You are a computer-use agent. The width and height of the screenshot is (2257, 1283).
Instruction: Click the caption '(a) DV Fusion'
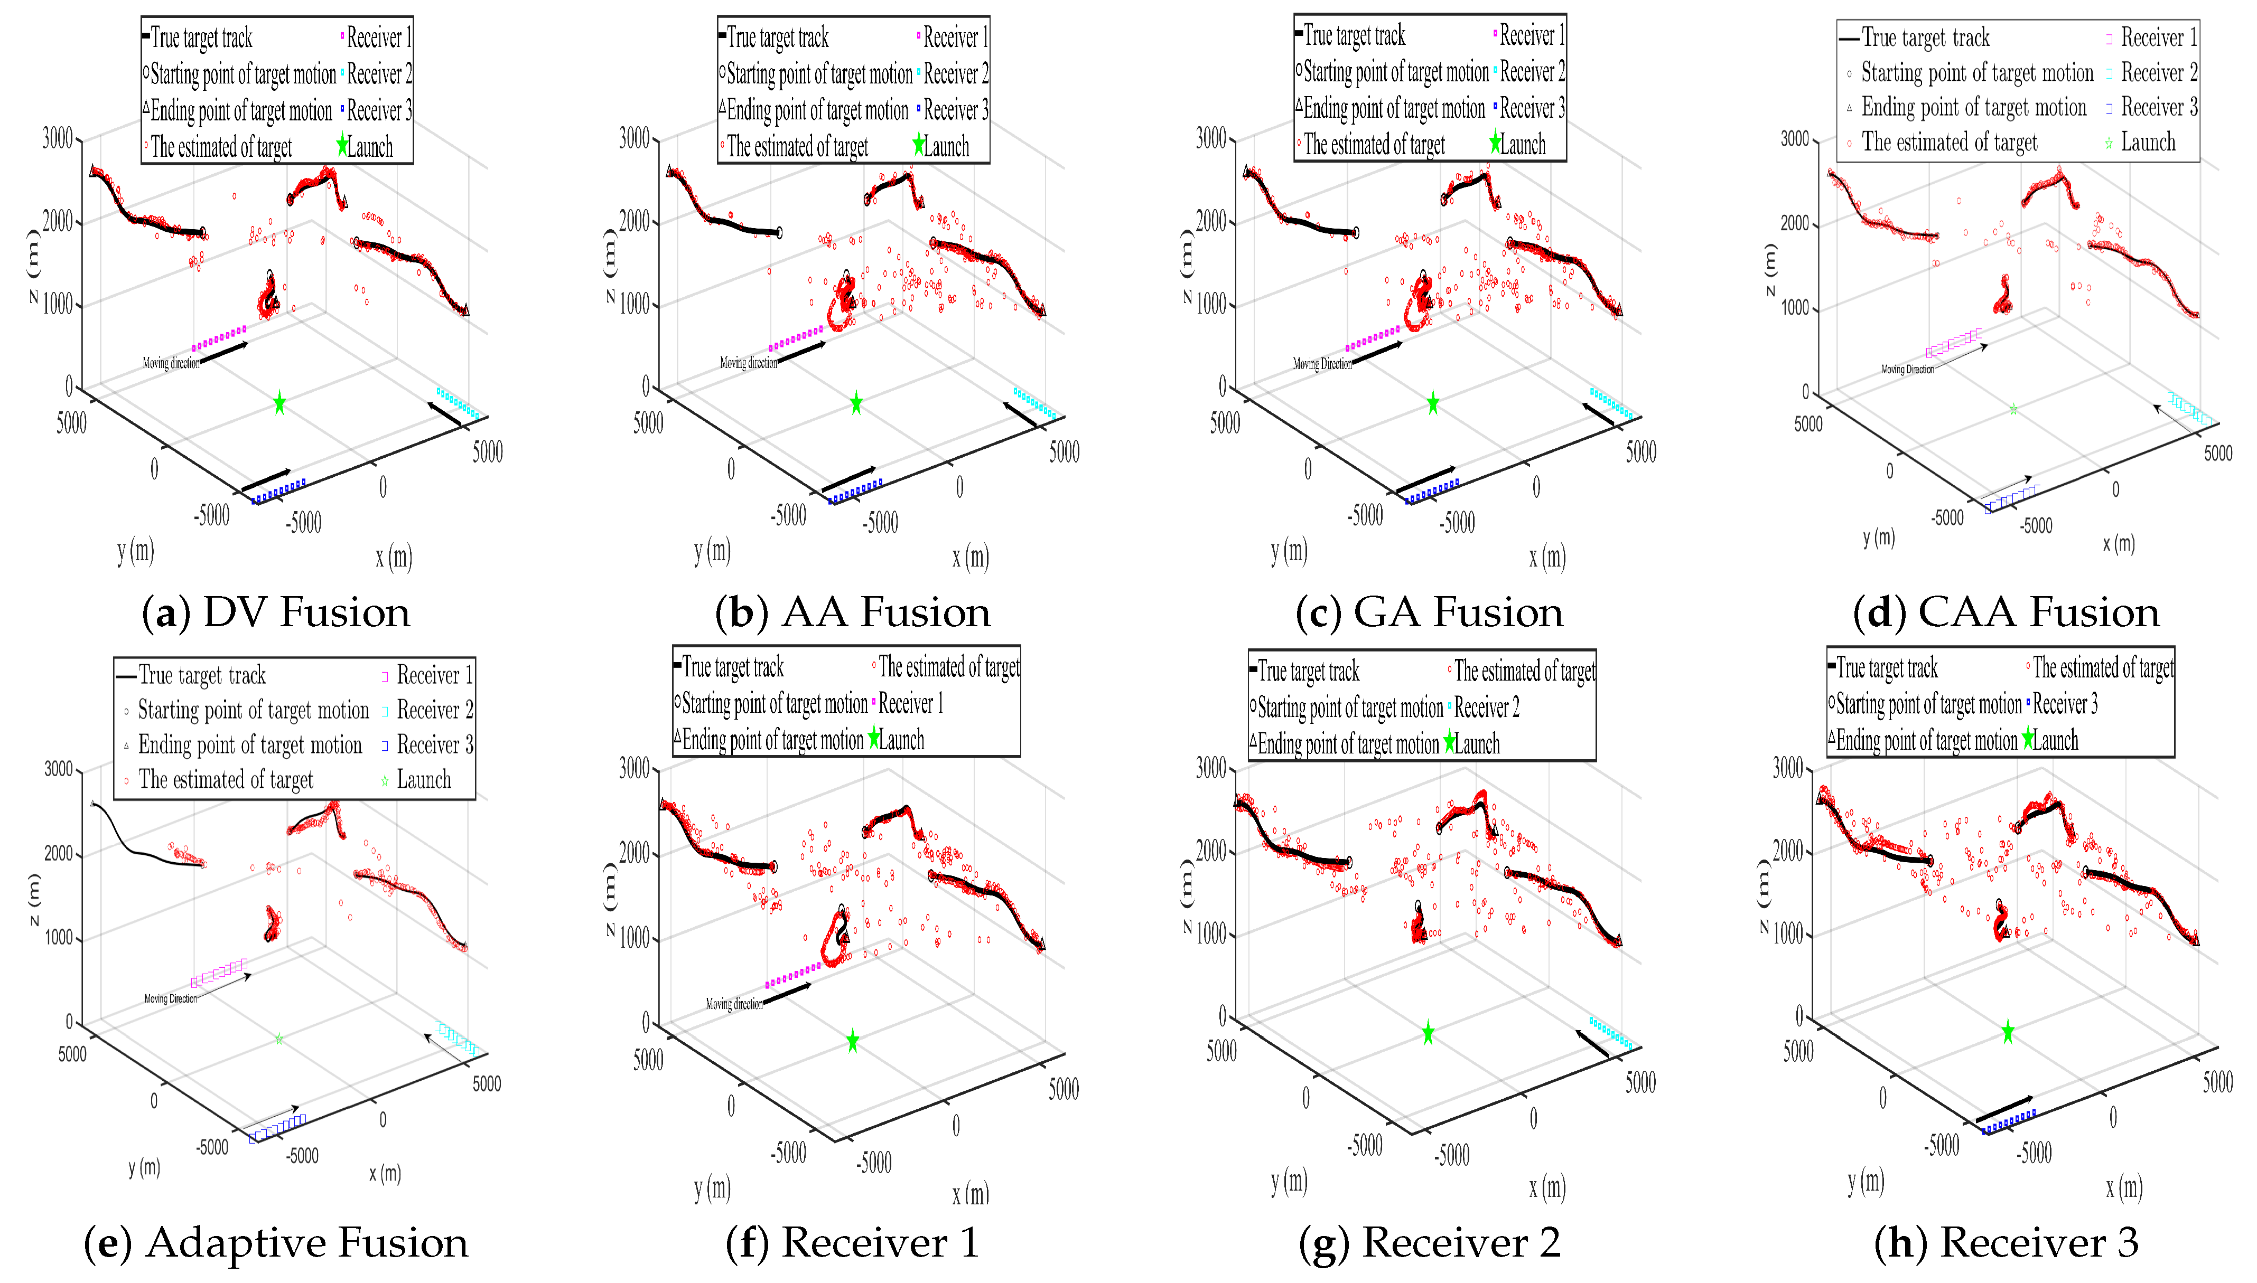276,612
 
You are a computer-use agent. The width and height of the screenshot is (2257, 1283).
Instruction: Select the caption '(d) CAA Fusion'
2007,612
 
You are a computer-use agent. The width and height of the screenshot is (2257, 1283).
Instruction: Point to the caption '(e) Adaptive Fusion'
276,1243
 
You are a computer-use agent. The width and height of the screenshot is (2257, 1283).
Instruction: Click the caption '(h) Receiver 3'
2007,1243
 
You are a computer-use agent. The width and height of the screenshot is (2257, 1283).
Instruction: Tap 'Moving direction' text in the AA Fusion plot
749,363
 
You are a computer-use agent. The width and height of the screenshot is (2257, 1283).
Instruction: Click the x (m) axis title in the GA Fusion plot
1547,556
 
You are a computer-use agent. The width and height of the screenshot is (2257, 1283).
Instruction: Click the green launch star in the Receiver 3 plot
2008,1031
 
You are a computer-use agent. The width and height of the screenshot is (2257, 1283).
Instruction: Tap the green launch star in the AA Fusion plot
856,403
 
